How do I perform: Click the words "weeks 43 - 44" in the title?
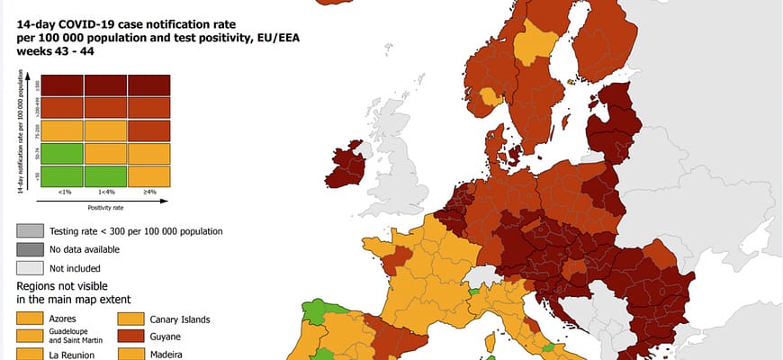coord(54,51)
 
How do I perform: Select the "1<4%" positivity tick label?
coord(105,192)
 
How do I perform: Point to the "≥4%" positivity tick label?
coord(149,192)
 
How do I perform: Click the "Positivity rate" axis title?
coord(105,208)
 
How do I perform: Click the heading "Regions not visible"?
coord(62,285)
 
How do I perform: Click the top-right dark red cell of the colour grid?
coord(149,85)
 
